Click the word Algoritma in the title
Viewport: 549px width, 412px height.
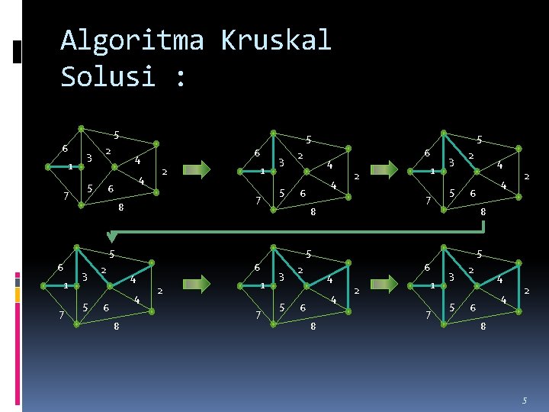[x=132, y=40]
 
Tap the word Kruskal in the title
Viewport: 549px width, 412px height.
[x=276, y=40]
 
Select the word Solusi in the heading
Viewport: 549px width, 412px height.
[x=108, y=76]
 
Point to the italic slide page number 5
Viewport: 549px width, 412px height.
[x=525, y=400]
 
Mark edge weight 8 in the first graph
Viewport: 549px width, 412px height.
[x=120, y=207]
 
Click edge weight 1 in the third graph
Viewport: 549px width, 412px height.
[x=432, y=171]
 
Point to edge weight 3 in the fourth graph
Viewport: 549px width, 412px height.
[x=84, y=276]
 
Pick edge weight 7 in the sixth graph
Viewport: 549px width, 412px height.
[x=428, y=314]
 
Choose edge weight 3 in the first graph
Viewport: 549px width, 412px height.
[x=89, y=159]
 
